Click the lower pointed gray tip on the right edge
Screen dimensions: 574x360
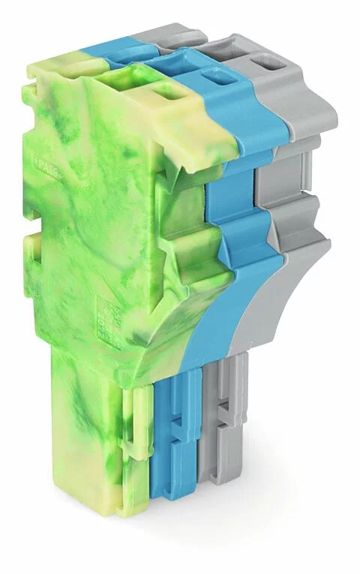327,242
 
